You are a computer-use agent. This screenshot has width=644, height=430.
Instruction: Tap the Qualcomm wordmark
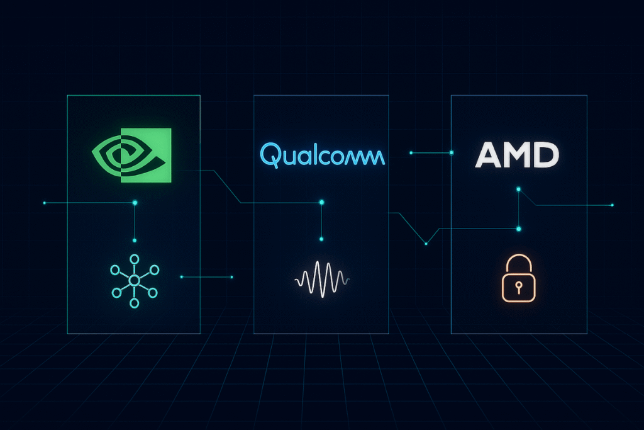point(322,154)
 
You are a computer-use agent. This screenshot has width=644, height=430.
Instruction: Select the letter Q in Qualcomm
point(269,154)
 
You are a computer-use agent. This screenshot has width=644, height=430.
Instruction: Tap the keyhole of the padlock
point(518,286)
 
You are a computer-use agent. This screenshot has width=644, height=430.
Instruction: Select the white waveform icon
point(321,278)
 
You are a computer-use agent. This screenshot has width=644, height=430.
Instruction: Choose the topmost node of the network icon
point(134,259)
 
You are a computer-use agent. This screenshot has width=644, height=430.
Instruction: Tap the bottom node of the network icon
point(134,303)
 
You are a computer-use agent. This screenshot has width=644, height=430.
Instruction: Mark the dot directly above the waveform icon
point(321,239)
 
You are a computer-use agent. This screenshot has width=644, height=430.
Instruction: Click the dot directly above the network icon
point(134,240)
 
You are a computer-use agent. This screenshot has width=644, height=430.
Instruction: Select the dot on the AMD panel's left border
point(452,152)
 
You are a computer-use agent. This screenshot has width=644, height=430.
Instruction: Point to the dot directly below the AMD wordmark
point(518,188)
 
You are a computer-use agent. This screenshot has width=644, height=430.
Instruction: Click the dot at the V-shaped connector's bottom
point(426,244)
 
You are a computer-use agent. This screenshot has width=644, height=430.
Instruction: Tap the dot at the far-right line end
point(612,205)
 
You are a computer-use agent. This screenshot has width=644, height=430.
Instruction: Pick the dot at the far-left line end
point(44,203)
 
